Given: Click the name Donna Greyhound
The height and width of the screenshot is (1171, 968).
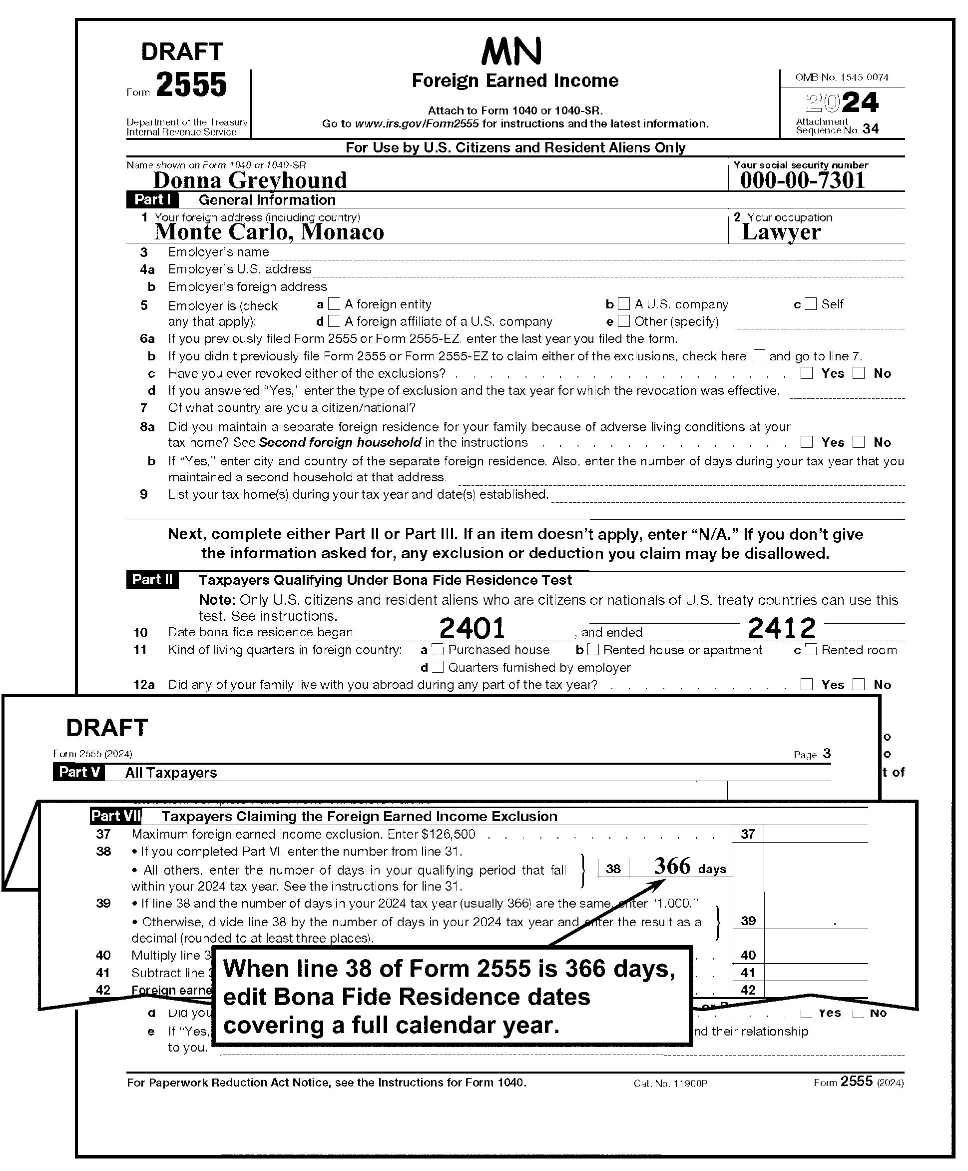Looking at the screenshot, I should pos(250,180).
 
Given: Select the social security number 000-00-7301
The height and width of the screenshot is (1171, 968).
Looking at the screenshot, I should pos(802,180).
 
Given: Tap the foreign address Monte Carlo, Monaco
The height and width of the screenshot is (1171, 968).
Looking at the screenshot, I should pos(269,232).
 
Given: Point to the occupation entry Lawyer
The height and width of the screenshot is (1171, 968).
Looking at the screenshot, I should pos(781,232).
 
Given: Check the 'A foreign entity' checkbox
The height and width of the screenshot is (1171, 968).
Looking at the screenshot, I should pos(334,304).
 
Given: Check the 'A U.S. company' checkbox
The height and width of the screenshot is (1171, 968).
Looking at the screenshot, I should pos(624,304).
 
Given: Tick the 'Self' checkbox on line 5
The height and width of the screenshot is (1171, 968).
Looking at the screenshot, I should pos(811,304).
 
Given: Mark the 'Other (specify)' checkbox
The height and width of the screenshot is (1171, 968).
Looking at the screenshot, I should pos(624,321).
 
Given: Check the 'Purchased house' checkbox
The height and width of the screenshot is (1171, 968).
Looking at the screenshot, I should pos(438,650).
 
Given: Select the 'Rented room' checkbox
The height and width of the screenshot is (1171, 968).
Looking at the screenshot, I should pos(811,650).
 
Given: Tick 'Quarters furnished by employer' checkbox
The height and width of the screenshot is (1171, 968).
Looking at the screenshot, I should pos(438,668).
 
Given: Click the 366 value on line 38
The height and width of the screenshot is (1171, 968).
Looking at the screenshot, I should pos(672,866).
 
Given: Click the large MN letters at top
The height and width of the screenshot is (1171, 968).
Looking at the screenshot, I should pos(511,51).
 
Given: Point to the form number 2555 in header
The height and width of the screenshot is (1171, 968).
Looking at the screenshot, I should pos(191,85).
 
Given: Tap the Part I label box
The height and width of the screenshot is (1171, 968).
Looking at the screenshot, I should pos(152,199).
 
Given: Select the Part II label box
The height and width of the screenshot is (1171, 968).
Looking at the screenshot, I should pos(152,580).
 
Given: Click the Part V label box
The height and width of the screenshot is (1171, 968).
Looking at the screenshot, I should pos(78,772).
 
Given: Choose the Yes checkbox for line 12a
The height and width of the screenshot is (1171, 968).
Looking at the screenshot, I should pos(806,685).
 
